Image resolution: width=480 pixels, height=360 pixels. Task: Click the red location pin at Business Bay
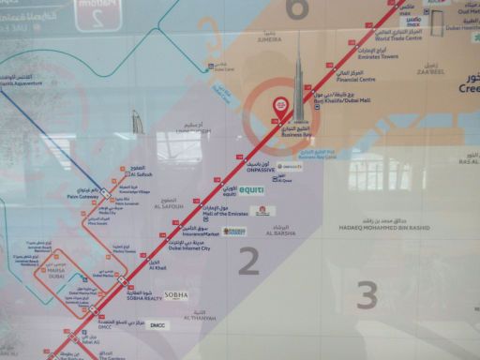tap(278, 108)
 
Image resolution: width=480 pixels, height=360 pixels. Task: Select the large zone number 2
tap(248, 261)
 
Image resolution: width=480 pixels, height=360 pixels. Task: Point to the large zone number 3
tap(367, 295)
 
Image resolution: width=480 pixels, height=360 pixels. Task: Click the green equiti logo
tap(251, 190)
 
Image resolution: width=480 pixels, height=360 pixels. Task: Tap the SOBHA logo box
tap(176, 294)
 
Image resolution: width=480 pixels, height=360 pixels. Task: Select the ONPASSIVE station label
tap(260, 171)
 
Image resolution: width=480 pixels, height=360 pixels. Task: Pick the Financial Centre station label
tap(357, 80)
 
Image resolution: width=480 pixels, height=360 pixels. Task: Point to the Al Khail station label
tap(157, 267)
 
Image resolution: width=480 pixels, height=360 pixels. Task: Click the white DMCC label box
tap(157, 325)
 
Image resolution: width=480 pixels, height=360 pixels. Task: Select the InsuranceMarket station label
tap(199, 232)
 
